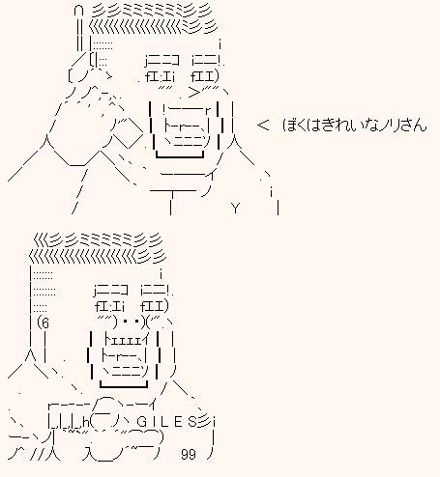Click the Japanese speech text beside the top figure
353,125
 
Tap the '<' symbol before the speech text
263,125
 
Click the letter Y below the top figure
235,207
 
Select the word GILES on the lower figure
169,420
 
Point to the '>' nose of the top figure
196,92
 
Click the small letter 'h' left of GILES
87,421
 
